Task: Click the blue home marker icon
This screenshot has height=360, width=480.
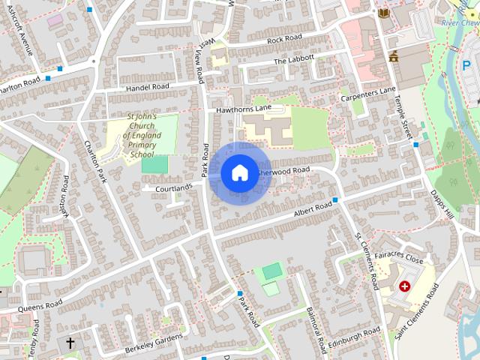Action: pyautogui.click(x=239, y=172)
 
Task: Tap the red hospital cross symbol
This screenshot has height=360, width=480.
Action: pyautogui.click(x=406, y=286)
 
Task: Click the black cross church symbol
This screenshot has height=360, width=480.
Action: pyautogui.click(x=70, y=343)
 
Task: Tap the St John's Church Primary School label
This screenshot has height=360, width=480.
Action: pyautogui.click(x=141, y=136)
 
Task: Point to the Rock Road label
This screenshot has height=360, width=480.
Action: pyautogui.click(x=283, y=38)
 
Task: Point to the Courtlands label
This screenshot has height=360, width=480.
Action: pyautogui.click(x=173, y=187)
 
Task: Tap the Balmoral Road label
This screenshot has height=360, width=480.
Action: pyautogui.click(x=316, y=329)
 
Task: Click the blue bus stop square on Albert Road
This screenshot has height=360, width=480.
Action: pyautogui.click(x=335, y=199)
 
